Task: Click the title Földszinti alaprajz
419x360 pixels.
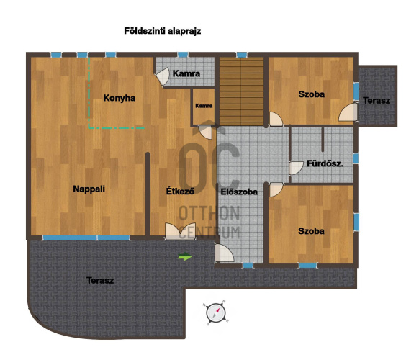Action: [163, 31]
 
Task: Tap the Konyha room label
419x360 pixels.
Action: [120, 98]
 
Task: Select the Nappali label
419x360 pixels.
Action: [89, 189]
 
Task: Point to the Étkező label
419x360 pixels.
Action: [180, 191]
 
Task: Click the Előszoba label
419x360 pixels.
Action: [239, 192]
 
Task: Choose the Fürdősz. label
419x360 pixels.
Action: [325, 163]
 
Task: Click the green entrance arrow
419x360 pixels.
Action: [185, 256]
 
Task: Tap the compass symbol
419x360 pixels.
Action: [216, 312]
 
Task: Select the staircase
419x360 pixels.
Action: [242, 91]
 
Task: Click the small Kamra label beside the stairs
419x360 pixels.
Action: [204, 106]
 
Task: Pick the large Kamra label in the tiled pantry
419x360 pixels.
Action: [186, 73]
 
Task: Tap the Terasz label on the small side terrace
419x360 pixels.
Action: [377, 101]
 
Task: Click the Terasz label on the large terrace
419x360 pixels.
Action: [100, 280]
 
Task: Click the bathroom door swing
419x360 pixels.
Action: [296, 168]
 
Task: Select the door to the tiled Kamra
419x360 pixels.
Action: [162, 76]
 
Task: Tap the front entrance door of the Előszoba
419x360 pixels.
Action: [224, 253]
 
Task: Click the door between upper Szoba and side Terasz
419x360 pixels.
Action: [348, 112]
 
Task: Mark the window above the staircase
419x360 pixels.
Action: [242, 55]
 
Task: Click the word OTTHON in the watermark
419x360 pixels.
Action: [209, 213]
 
